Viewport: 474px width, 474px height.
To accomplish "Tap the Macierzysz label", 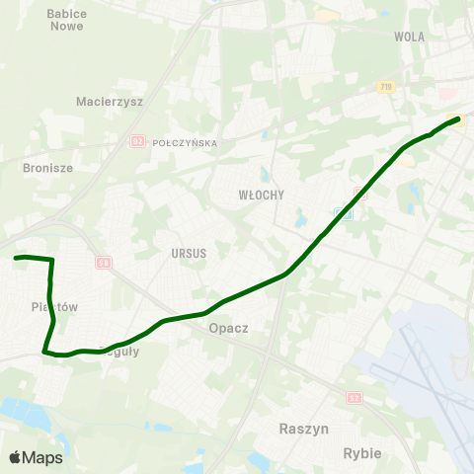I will (x=110, y=101).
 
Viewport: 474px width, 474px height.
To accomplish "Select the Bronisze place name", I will (x=47, y=168).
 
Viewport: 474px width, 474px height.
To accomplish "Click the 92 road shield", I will (x=137, y=142).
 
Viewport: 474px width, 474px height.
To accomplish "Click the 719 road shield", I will (x=385, y=88).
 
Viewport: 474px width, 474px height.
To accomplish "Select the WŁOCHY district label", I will (x=262, y=196).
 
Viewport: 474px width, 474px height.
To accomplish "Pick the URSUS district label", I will (x=188, y=254).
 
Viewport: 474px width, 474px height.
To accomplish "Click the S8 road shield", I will (x=103, y=263).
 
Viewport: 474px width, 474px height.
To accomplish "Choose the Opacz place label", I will (x=228, y=328).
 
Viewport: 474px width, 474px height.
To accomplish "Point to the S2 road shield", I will (x=355, y=397).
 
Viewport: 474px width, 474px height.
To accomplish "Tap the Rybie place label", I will (x=360, y=452).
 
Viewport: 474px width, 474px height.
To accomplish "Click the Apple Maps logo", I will (x=36, y=457).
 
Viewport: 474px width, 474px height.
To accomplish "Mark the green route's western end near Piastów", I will (x=16, y=258).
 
